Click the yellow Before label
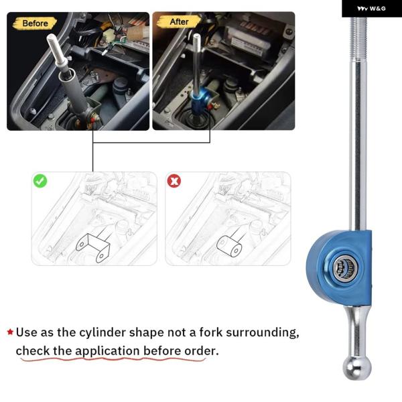35,23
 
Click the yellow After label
179,22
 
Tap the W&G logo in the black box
371,9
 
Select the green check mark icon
40,181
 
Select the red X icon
174,181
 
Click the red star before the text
10,332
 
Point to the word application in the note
107,351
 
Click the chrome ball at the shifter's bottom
356,368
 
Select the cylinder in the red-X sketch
229,246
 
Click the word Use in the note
27,332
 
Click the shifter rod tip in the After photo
196,38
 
